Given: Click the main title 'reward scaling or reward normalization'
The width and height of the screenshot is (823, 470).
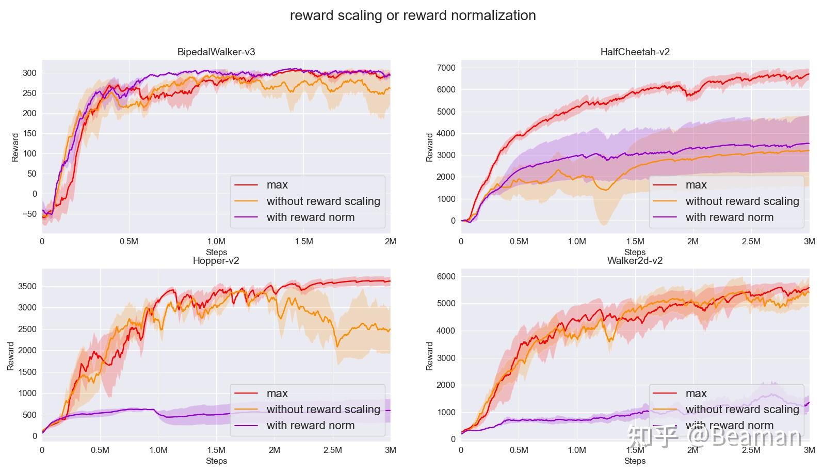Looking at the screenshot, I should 412,15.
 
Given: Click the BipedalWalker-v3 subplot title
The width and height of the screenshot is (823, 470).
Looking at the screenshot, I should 216,52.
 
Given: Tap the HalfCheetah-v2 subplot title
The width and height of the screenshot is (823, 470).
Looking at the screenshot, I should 635,52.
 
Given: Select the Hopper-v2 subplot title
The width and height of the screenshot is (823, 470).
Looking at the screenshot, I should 216,261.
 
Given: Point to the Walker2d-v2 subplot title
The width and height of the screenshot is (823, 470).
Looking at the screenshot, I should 635,261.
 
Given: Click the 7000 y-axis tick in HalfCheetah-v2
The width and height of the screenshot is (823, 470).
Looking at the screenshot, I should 446,68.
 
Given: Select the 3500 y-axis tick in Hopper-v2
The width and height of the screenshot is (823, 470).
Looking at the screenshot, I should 27,287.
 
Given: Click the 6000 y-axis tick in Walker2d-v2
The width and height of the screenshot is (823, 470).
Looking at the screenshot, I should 446,277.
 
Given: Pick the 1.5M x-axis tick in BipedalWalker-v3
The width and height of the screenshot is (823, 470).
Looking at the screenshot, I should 303,242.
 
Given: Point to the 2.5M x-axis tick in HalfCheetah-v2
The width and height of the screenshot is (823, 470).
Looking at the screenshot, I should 751,242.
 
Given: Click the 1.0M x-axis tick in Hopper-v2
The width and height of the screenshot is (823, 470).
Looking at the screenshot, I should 158,450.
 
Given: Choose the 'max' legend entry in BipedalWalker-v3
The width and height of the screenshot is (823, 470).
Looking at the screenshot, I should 277,185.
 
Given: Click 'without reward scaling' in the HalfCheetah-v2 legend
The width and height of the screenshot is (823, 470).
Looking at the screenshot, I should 742,201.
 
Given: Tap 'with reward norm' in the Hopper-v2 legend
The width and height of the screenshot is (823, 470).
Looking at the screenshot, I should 310,426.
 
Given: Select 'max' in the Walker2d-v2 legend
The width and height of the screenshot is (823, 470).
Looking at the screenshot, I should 696,394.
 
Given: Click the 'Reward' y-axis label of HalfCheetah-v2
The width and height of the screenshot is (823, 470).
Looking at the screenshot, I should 430,147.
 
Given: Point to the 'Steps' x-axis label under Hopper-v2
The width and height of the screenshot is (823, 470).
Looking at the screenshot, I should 216,461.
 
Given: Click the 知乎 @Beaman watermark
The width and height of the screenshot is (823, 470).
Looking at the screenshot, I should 714,437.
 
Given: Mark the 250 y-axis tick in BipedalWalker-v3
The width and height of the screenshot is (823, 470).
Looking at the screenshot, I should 30,93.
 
